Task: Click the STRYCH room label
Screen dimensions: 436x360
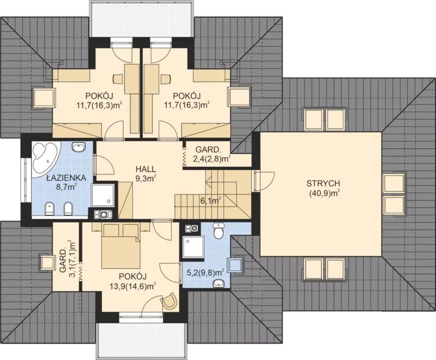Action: coord(323,184)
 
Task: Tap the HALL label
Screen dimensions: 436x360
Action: coord(146,169)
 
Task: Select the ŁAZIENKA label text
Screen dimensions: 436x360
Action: coord(66,177)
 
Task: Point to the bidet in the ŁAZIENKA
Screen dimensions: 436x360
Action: coord(50,209)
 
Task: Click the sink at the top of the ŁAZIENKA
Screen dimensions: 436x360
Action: coord(78,147)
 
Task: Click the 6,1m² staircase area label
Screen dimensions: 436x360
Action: coord(211,200)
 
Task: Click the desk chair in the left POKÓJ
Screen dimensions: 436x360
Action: coord(118,79)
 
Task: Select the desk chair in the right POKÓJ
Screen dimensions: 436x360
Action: coord(166,79)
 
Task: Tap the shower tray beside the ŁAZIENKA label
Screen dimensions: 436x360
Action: coord(102,195)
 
